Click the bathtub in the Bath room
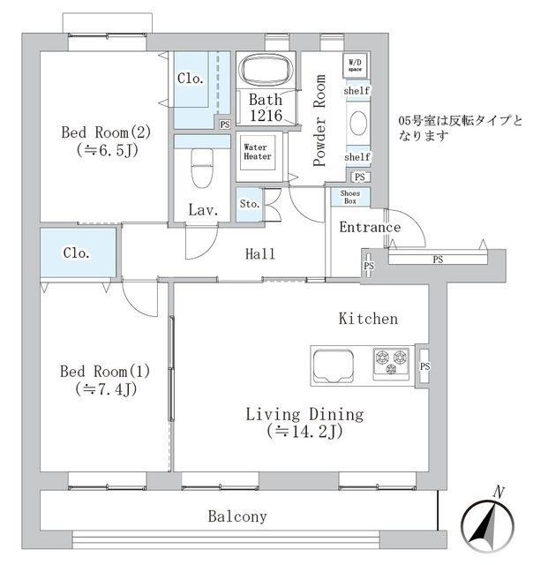[x=266, y=70]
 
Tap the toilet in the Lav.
[x=202, y=168]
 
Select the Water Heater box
[x=258, y=152]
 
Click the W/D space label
[x=355, y=65]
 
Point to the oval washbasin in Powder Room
[x=358, y=124]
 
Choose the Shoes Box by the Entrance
[x=350, y=197]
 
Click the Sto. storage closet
[x=249, y=205]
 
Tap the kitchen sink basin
[x=334, y=365]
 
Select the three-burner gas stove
[x=391, y=364]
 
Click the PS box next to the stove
[x=424, y=366]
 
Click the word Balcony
[x=237, y=516]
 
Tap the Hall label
[x=260, y=254]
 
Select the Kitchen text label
[x=368, y=319]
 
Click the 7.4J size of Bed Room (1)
[x=106, y=389]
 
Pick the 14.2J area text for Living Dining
[x=304, y=432]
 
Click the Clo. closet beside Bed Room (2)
[x=202, y=90]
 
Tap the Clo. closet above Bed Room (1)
[x=79, y=252]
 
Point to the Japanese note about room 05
[x=460, y=128]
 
